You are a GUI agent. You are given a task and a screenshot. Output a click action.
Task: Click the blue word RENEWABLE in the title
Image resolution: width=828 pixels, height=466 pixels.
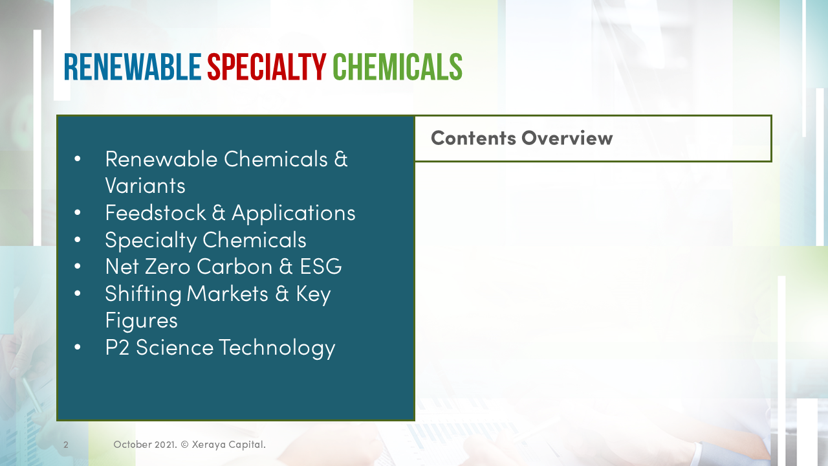tap(133, 67)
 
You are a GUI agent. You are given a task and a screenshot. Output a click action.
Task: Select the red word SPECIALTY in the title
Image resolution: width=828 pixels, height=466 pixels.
tap(267, 67)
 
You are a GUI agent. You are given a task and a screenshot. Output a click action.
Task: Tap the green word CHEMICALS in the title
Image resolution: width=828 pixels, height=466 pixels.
tap(397, 67)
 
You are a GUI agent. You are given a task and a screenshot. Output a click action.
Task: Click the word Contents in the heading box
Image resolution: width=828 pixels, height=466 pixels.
tap(474, 137)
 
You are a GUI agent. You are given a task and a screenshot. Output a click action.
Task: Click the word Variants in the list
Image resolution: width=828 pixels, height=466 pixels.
tap(145, 186)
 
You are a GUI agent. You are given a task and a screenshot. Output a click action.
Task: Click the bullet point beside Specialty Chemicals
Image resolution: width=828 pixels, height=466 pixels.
tap(78, 239)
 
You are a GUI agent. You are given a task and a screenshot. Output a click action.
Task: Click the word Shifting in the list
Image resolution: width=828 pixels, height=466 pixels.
tap(143, 293)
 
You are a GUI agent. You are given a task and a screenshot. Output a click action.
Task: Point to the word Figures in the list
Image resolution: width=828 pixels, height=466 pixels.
tap(141, 320)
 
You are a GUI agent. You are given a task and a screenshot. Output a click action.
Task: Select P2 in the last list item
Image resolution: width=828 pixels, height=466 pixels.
tap(117, 347)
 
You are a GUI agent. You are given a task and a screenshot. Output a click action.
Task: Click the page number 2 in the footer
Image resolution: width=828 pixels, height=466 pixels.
tap(66, 445)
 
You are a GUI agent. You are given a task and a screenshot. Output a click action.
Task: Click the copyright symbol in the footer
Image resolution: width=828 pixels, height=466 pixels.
tap(184, 445)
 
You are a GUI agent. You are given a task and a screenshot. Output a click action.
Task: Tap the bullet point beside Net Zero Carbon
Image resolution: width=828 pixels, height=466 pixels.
tap(78, 266)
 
